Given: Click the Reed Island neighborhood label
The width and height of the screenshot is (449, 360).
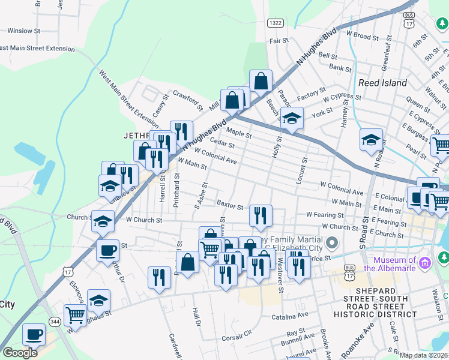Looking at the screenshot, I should [x=382, y=83].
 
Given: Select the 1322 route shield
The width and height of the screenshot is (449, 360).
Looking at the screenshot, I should [x=275, y=22].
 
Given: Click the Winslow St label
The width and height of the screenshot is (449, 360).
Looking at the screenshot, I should [x=23, y=30].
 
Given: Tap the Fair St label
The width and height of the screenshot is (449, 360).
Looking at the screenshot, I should [x=279, y=41].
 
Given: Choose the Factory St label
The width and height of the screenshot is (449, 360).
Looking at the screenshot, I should [x=310, y=95].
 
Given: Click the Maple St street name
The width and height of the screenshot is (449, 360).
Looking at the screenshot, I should [x=238, y=132].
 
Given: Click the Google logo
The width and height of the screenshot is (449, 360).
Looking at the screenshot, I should [x=20, y=353].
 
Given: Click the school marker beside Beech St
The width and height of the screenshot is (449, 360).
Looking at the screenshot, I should [x=292, y=118].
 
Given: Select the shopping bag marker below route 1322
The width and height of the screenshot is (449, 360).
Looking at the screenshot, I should [x=261, y=80].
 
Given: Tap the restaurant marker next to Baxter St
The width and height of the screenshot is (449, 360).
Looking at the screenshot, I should [x=261, y=215].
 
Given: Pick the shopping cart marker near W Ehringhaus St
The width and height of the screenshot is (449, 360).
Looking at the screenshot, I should [x=75, y=314].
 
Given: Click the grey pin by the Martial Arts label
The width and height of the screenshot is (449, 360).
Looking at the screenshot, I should [x=332, y=244].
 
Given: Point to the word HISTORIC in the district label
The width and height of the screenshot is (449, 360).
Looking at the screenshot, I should [x=367, y=314].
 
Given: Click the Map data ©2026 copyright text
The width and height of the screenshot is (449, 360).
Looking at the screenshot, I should [x=424, y=355].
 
